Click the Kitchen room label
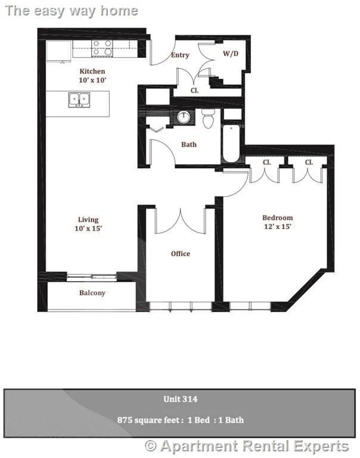(92, 72)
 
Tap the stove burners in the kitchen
(102, 48)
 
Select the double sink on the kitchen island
(79, 100)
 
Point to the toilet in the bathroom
(208, 119)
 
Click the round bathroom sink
(184, 117)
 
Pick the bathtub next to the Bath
(231, 143)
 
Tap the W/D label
(231, 54)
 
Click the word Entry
(180, 55)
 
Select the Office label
(181, 253)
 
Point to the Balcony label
(92, 293)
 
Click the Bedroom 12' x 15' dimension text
(278, 227)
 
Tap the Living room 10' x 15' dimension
(88, 228)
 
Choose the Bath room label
(189, 144)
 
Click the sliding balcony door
(92, 277)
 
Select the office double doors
(181, 221)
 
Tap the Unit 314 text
(181, 399)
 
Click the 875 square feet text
(150, 420)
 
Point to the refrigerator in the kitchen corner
(58, 51)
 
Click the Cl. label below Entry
(195, 91)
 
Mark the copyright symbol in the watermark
(151, 445)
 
